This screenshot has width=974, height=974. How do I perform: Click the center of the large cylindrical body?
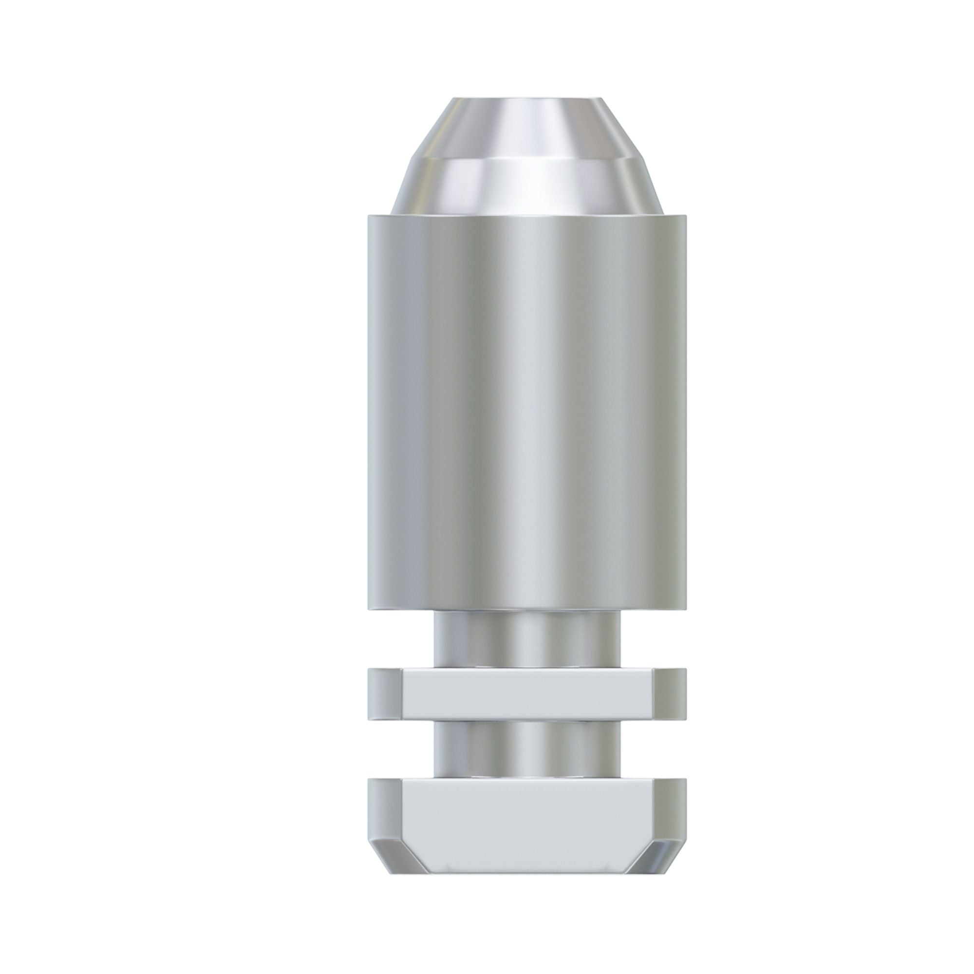[526, 411]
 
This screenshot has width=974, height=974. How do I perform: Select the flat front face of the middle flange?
[526, 693]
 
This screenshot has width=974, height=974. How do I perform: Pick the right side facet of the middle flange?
[670, 693]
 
